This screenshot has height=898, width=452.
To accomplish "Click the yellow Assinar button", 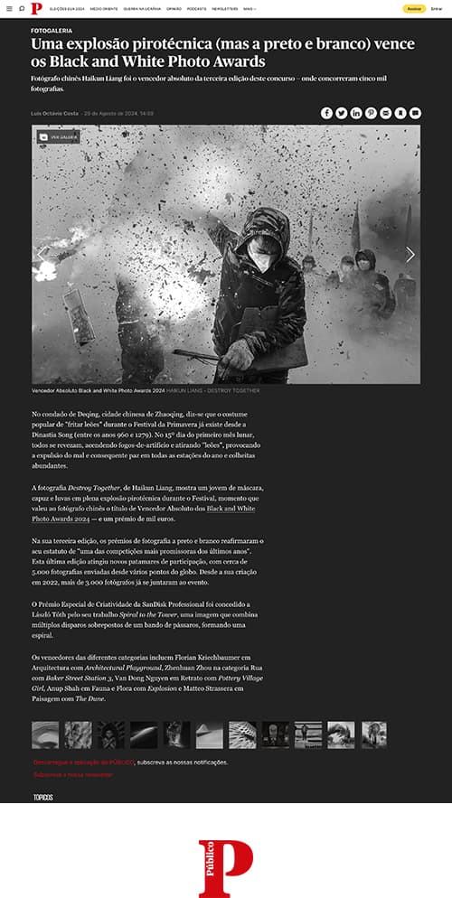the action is point(413,9).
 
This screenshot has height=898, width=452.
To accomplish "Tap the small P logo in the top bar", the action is point(35,9).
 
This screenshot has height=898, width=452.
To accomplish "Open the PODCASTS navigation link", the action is point(196,9).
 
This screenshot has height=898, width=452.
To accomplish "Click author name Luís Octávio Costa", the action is point(54,114).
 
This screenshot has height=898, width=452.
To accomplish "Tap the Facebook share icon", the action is point(326,113).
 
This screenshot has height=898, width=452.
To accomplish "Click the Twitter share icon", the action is point(342,113).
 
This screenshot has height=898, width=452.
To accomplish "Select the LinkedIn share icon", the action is point(356,113).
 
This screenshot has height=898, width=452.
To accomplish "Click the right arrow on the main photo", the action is point(410,255).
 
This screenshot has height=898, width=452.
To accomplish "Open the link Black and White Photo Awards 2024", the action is point(231,514).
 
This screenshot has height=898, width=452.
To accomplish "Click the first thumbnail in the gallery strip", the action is point(45,734).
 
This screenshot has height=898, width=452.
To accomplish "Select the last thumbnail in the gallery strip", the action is point(373,734).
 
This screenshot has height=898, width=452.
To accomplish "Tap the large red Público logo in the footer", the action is point(225,867).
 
